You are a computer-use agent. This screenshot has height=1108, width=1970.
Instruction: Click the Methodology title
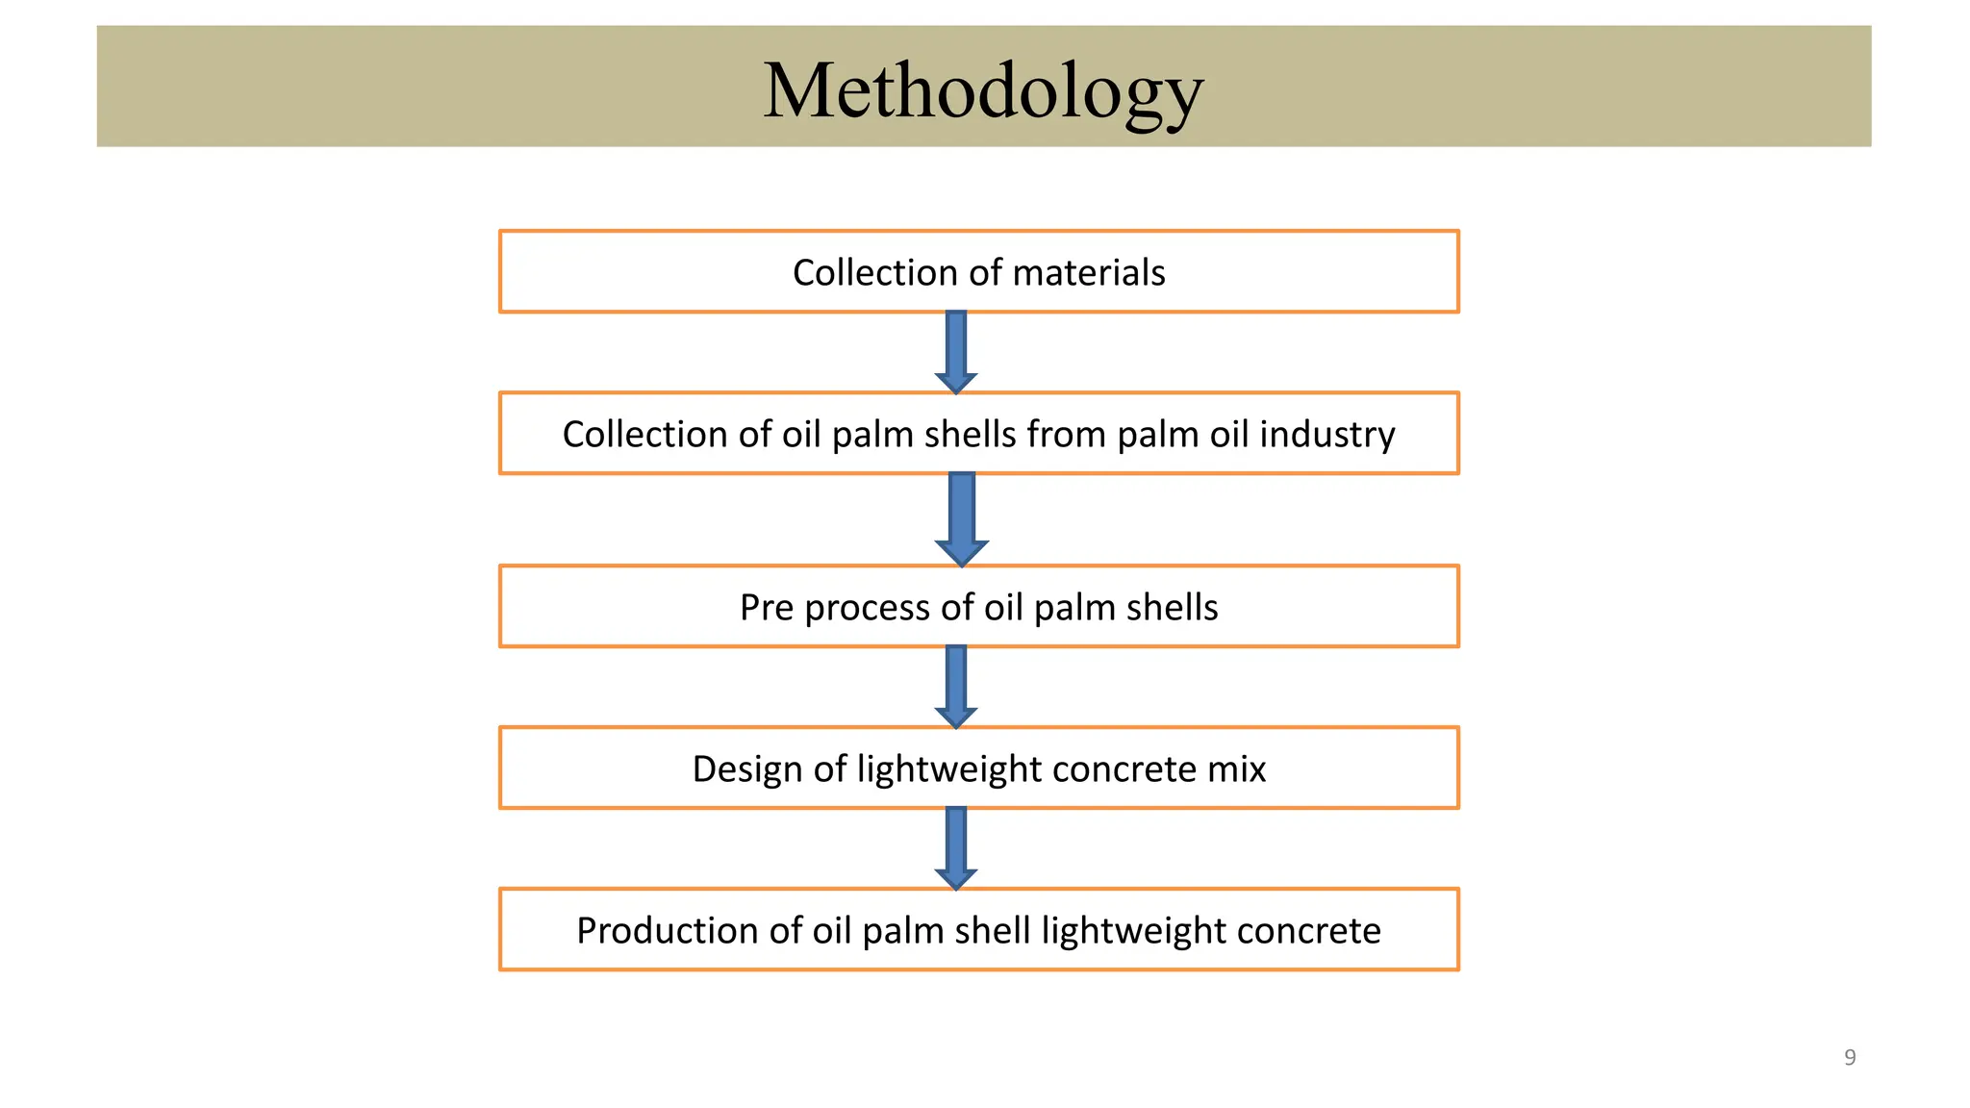point(983,90)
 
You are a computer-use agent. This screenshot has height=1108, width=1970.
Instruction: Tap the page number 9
point(1849,1058)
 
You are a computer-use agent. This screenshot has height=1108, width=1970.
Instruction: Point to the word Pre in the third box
point(767,608)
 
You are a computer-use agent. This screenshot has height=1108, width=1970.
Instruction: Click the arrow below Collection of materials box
point(956,352)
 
